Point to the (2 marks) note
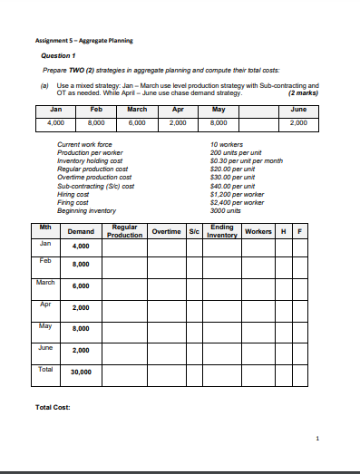coord(303,92)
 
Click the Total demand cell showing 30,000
coord(81,371)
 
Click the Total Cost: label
coord(54,406)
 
